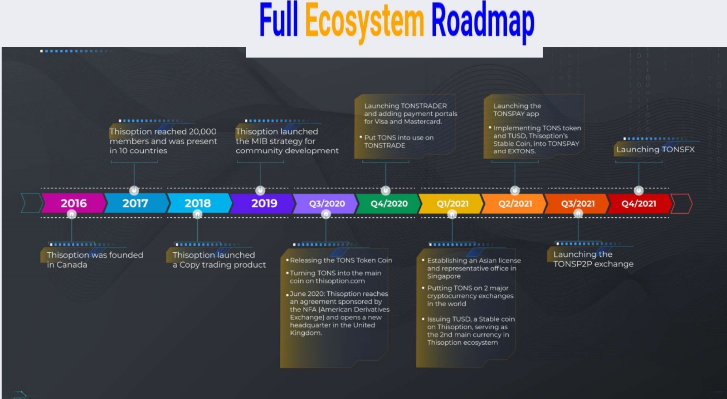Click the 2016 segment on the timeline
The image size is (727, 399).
pos(73,203)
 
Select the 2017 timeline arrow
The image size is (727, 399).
pos(135,203)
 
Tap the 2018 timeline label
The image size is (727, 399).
pos(198,203)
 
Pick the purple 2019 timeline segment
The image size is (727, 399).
pos(263,203)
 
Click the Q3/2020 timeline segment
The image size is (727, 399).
pos(326,203)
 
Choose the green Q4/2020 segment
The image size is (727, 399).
pos(389,203)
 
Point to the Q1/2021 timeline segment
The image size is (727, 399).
pos(452,203)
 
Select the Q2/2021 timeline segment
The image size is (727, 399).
pos(515,203)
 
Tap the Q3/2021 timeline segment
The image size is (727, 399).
pos(577,203)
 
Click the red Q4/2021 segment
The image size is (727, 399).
pos(639,203)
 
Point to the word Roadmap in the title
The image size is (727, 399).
pos(483,22)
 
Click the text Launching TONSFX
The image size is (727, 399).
pos(655,149)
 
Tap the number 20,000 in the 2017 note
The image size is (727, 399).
pos(202,132)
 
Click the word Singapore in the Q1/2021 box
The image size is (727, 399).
pos(444,276)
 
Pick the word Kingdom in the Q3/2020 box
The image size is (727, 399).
pos(306,333)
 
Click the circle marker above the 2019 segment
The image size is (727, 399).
pos(260,190)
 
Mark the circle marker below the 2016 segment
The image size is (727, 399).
pos(71,214)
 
